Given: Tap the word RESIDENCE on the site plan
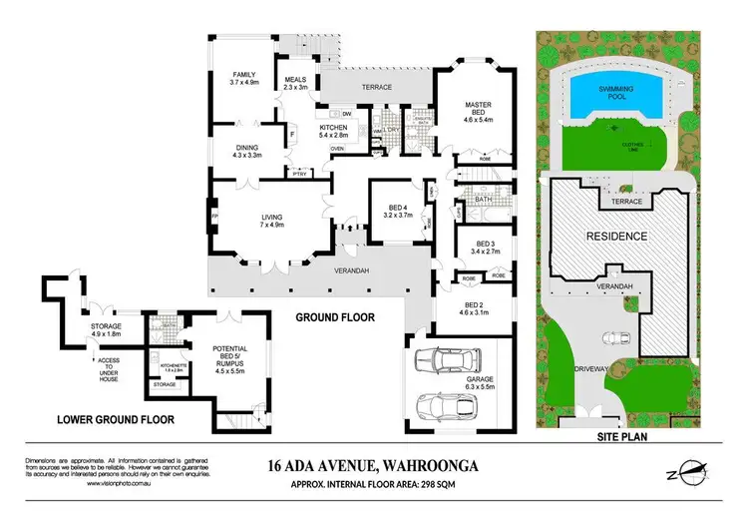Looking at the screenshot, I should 615,237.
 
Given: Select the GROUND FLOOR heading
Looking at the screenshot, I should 334,318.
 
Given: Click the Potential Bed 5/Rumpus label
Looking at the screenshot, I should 230,355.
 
